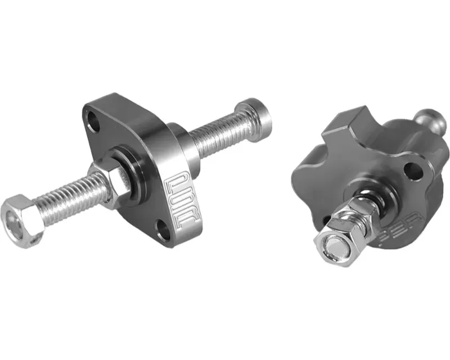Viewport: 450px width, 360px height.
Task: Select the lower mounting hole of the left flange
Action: coord(162,228)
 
